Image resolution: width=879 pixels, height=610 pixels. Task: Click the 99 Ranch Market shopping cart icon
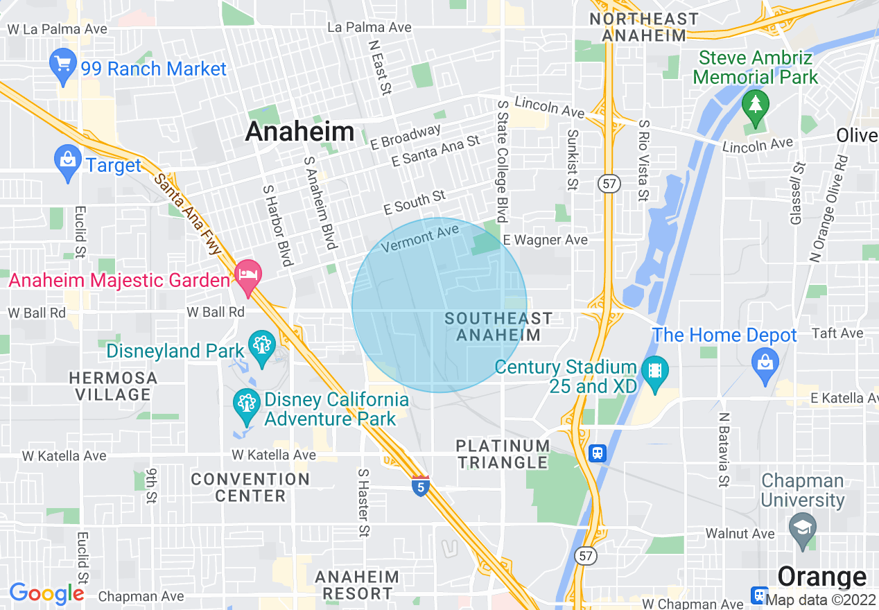(64, 65)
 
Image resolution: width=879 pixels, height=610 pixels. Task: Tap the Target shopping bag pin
(67, 161)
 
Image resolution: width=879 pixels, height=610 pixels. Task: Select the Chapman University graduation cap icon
(802, 527)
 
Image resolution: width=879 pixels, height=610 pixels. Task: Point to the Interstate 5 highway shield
(420, 486)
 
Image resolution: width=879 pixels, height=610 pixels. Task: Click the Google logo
(46, 593)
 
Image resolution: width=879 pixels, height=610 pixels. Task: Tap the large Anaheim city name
(299, 131)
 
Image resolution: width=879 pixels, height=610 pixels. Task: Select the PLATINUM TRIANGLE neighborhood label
(503, 454)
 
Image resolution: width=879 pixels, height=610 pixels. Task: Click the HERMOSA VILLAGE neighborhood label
(113, 386)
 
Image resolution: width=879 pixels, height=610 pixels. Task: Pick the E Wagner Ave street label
(546, 240)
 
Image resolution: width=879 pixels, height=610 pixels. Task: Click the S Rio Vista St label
(644, 160)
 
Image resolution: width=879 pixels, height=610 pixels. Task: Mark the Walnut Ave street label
(740, 534)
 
